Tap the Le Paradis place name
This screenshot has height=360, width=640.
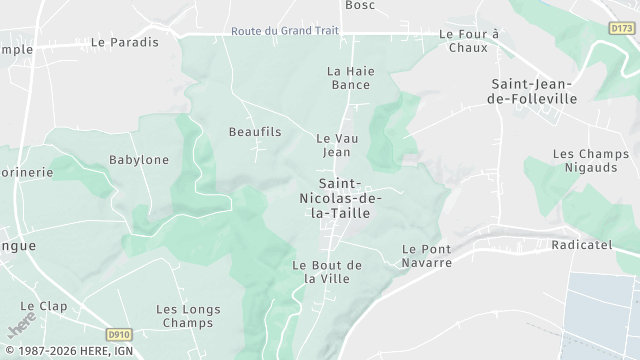[x=125, y=42]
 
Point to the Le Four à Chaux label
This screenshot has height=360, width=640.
[x=469, y=40]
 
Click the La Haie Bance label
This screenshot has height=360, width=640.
[x=349, y=78]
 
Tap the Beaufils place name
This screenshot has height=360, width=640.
[x=255, y=132]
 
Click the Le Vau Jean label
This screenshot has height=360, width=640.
[x=336, y=145]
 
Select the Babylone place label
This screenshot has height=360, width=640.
[x=139, y=160]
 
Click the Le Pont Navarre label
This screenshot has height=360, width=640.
[x=427, y=255]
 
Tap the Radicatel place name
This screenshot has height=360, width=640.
[x=580, y=244]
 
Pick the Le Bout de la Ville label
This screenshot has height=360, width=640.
[x=327, y=271]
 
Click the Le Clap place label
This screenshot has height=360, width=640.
[x=42, y=306]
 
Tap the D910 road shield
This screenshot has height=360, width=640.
[x=119, y=335]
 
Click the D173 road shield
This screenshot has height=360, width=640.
[x=621, y=30]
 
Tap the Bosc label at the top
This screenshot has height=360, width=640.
[x=359, y=5]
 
